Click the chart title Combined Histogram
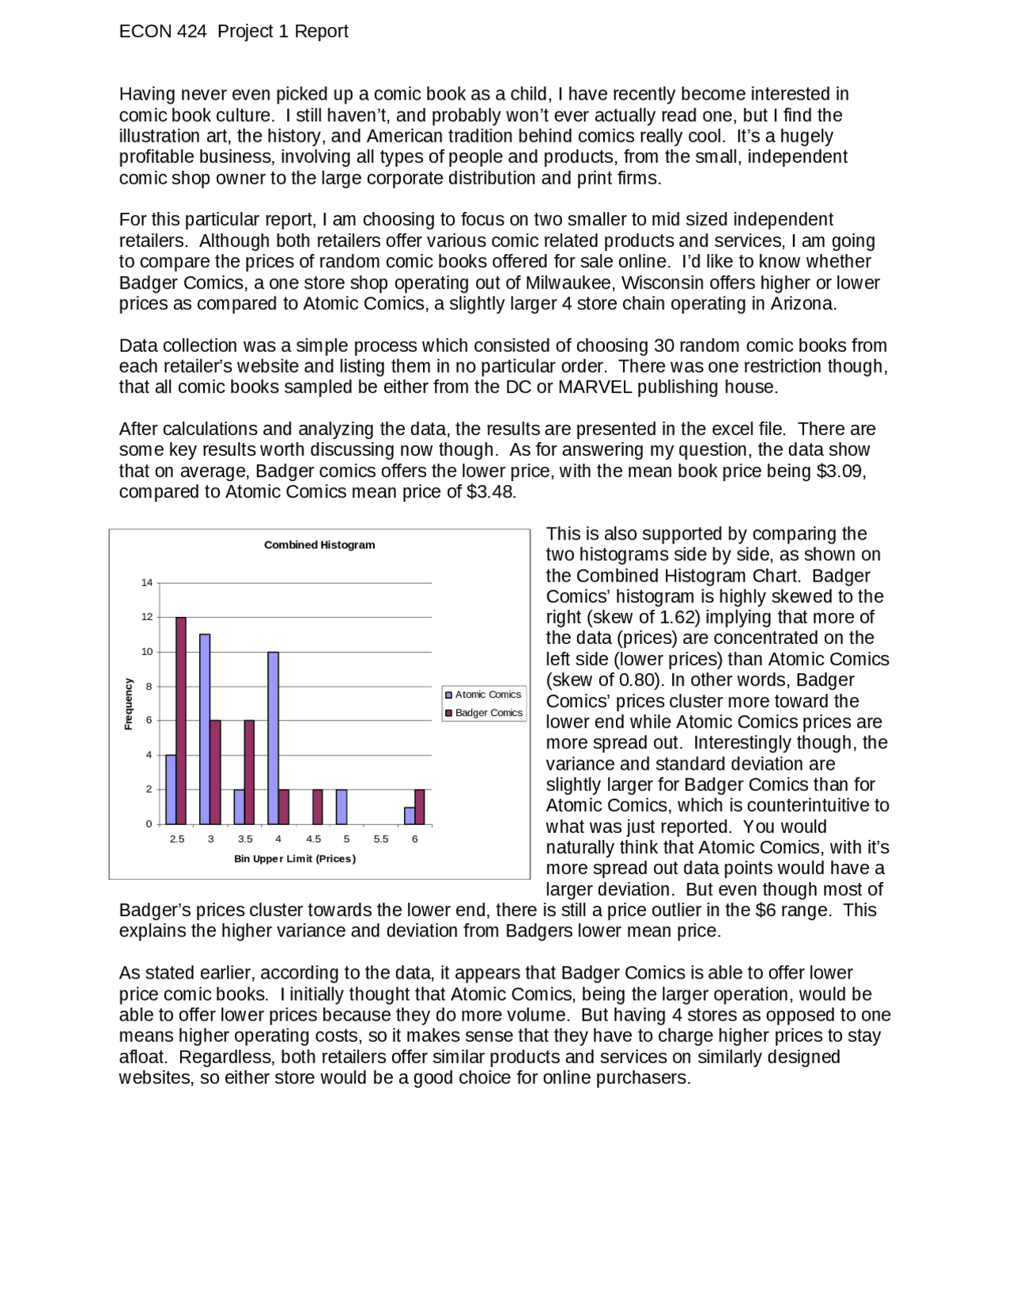tap(319, 545)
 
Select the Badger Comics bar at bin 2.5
tap(181, 720)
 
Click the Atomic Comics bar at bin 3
tap(205, 729)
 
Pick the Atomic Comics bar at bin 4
tap(273, 737)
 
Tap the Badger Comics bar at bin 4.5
tap(318, 807)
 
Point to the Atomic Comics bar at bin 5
tap(342, 807)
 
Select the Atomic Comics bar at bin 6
tap(409, 816)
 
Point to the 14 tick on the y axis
tap(147, 583)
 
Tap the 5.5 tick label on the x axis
tap(380, 839)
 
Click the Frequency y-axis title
tap(128, 703)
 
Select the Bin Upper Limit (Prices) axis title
tap(295, 859)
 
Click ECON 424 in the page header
tap(163, 32)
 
